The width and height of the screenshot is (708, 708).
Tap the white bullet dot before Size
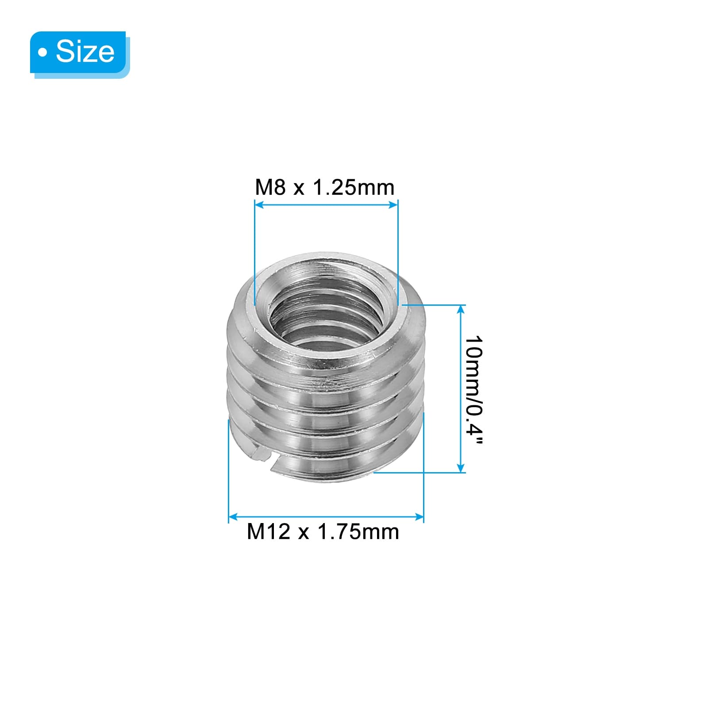tap(42, 53)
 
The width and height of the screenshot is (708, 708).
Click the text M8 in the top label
tap(270, 188)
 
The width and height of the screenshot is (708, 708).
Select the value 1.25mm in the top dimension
tap(354, 188)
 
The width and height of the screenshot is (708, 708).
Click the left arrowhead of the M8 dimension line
tap(259, 204)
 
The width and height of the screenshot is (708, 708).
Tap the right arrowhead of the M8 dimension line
tap(393, 204)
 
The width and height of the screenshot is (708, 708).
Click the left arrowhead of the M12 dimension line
tap(233, 516)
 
